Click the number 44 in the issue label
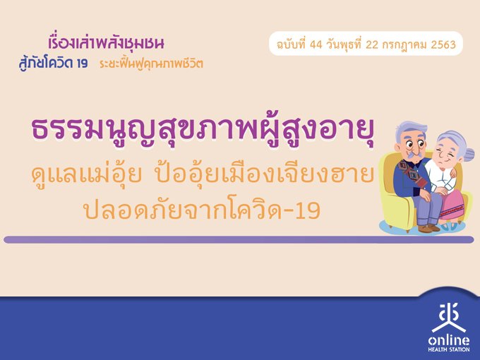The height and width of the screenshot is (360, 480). click(316, 44)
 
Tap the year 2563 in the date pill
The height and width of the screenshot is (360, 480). click(443, 44)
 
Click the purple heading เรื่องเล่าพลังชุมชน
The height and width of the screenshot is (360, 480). click(106, 43)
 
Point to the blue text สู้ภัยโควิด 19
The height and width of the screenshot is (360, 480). click(53, 64)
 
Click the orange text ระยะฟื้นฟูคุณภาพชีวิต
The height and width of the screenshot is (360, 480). click(151, 64)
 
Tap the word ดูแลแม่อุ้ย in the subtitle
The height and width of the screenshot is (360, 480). click(87, 174)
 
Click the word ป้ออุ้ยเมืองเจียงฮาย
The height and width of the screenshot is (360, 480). click(265, 174)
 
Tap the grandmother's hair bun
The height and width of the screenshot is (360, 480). click(469, 154)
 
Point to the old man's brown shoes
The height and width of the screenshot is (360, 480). click(428, 228)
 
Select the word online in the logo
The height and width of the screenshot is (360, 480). click(449, 340)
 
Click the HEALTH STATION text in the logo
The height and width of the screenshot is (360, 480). click(449, 349)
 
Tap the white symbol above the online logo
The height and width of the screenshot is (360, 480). click(449, 318)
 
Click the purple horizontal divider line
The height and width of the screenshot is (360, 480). click(239, 239)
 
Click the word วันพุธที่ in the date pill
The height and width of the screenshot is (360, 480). click(344, 44)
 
